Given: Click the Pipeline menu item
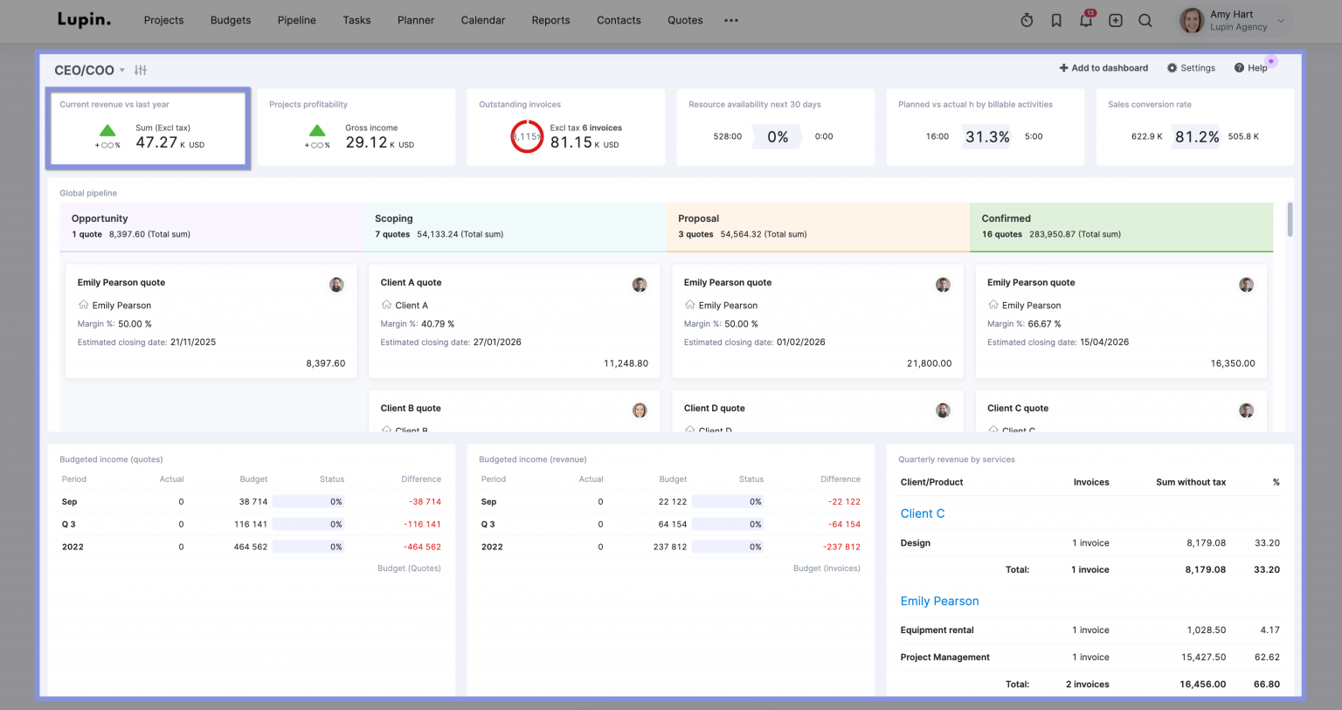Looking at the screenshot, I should click(296, 20).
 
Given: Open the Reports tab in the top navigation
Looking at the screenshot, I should click(550, 20).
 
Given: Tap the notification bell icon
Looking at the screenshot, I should click(1086, 20).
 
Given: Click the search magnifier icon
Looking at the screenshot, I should click(1145, 20).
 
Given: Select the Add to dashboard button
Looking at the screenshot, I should click(1103, 68).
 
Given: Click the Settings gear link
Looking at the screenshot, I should click(1191, 68).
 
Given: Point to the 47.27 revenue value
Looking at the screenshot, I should click(156, 142).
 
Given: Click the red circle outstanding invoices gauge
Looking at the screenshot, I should click(527, 136).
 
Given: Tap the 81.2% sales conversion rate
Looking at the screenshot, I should click(1196, 137).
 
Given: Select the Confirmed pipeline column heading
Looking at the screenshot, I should click(1006, 218).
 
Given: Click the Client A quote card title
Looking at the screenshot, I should click(411, 283).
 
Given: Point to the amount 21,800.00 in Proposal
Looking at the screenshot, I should click(929, 363).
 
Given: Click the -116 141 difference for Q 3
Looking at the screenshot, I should click(422, 525).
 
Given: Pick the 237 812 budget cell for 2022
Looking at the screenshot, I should click(670, 548).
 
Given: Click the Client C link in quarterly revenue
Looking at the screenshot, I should click(922, 514).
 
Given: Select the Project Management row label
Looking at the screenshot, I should click(944, 658).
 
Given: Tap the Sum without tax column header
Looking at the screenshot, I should click(1190, 482).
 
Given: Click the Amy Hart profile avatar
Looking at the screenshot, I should click(1192, 20).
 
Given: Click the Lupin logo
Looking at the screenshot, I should click(84, 19).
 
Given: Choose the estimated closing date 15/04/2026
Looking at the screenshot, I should click(1103, 342).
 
